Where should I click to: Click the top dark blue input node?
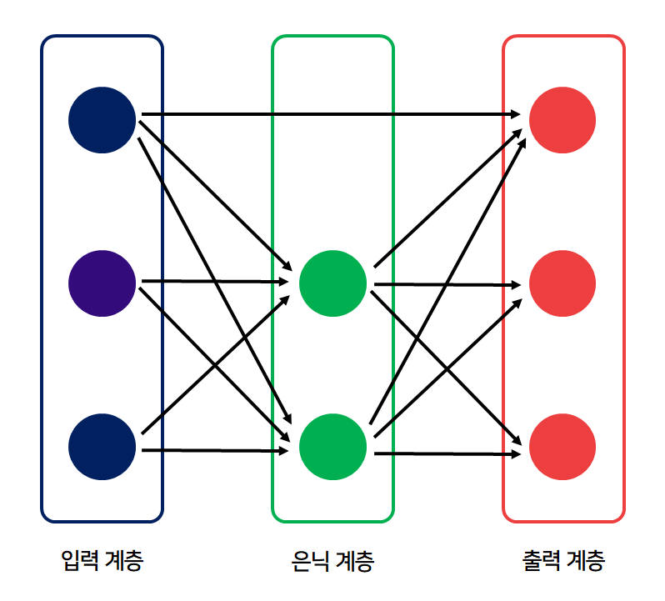(x=102, y=119)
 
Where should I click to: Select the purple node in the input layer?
(x=102, y=283)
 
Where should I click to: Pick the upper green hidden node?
(x=332, y=283)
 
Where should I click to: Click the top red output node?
(x=562, y=119)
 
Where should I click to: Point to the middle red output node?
(x=562, y=283)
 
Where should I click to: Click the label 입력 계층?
(x=102, y=559)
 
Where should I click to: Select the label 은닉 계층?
(x=332, y=560)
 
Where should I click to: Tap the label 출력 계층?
(x=562, y=559)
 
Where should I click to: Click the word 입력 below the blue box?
(x=82, y=559)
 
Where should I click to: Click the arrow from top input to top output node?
(x=333, y=113)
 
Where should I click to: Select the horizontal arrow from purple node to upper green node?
(x=212, y=282)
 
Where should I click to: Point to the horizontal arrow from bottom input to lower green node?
(x=212, y=451)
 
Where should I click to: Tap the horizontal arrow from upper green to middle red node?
(x=446, y=284)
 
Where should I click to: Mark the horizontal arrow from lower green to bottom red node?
(x=446, y=454)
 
